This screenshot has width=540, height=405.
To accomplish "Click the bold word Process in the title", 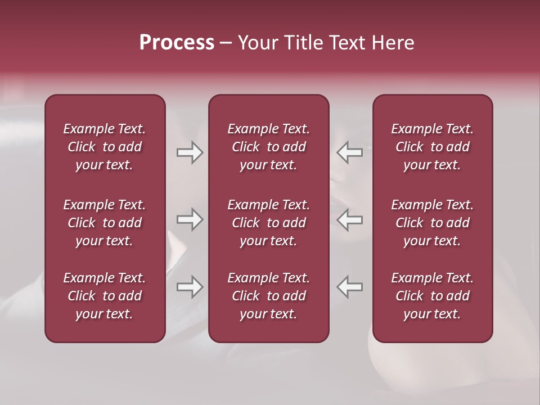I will (177, 43).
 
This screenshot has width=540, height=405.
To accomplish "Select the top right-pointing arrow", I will (190, 152).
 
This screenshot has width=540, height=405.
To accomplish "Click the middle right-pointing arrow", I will (190, 220).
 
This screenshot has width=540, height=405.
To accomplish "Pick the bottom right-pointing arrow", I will (190, 287).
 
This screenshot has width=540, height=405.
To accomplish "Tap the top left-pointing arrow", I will (350, 152).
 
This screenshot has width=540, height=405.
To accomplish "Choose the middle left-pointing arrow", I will (350, 220).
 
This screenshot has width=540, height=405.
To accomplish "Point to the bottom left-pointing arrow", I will (350, 287).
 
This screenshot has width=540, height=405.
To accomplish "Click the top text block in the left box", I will (105, 147).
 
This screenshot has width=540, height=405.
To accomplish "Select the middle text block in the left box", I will (105, 223).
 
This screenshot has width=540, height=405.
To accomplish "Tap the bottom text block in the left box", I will (105, 296).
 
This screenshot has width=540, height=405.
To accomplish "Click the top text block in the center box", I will (268, 147).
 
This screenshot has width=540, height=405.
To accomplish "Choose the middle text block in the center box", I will (268, 223).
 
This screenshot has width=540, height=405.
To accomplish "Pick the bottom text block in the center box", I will (268, 296).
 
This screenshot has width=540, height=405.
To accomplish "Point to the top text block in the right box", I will (432, 147).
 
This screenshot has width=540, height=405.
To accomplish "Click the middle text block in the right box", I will (432, 223).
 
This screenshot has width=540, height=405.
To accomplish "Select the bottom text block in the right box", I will (432, 296).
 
